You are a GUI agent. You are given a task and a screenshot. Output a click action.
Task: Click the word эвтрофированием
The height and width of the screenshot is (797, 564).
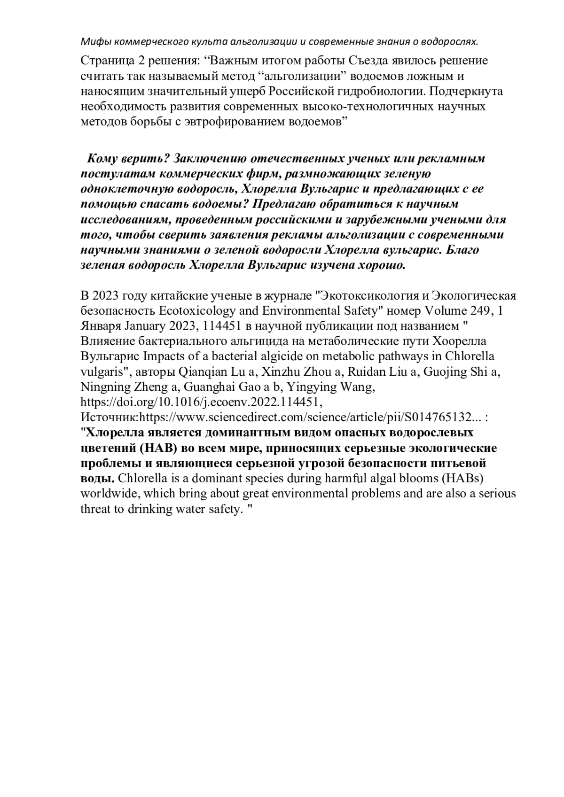coord(223,121)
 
